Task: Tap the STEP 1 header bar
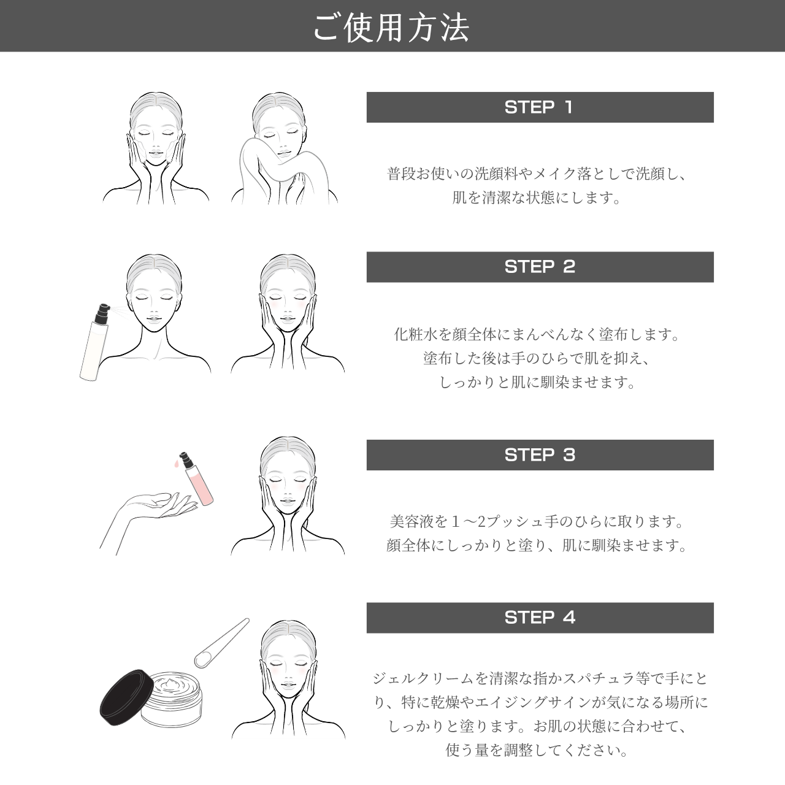pos(540,107)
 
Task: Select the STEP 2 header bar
pos(540,267)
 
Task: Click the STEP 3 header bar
pos(540,455)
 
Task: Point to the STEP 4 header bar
pos(540,618)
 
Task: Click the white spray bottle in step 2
pos(94,347)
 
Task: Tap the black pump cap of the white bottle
pos(100,313)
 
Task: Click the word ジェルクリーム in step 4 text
pos(423,679)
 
